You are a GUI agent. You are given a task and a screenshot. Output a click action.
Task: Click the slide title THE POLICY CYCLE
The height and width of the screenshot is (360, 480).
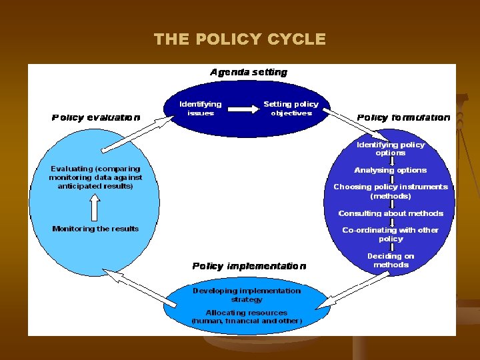point(240,39)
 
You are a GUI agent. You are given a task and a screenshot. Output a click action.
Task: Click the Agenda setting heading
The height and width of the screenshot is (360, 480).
point(249,72)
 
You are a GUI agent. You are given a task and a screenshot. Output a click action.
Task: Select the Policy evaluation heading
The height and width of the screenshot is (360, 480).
point(96,117)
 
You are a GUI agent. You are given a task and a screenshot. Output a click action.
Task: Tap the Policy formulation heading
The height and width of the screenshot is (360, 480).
point(403,117)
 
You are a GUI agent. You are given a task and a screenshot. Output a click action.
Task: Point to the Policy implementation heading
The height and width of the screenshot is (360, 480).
point(249,266)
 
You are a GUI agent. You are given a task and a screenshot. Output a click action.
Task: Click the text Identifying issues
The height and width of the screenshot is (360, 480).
point(201,108)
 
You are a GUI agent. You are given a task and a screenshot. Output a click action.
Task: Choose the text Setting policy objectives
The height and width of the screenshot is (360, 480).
point(291,108)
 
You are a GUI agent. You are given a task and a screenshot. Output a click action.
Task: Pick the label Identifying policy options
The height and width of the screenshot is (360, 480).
point(391,149)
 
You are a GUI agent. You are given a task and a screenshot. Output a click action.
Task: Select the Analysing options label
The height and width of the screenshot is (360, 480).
point(391,170)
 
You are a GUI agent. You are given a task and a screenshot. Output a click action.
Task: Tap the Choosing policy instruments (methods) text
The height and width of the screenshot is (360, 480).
point(391,191)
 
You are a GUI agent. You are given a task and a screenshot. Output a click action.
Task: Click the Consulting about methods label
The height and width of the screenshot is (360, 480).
point(391,213)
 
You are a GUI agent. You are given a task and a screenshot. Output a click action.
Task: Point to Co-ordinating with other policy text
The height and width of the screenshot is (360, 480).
point(391,234)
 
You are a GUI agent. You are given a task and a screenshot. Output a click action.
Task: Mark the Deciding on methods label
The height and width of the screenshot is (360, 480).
point(391,260)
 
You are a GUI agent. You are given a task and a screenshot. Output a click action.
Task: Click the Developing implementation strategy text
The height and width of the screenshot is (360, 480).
point(247,295)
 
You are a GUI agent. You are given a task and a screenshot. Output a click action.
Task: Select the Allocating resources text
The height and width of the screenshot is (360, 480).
point(247,316)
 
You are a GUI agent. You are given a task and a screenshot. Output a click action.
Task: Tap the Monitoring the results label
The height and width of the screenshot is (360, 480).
point(95,229)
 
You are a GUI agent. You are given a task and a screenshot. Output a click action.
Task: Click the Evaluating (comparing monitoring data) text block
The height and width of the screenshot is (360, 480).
point(95,177)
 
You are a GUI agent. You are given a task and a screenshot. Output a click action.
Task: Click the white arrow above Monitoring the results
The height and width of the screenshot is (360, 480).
point(94,210)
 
